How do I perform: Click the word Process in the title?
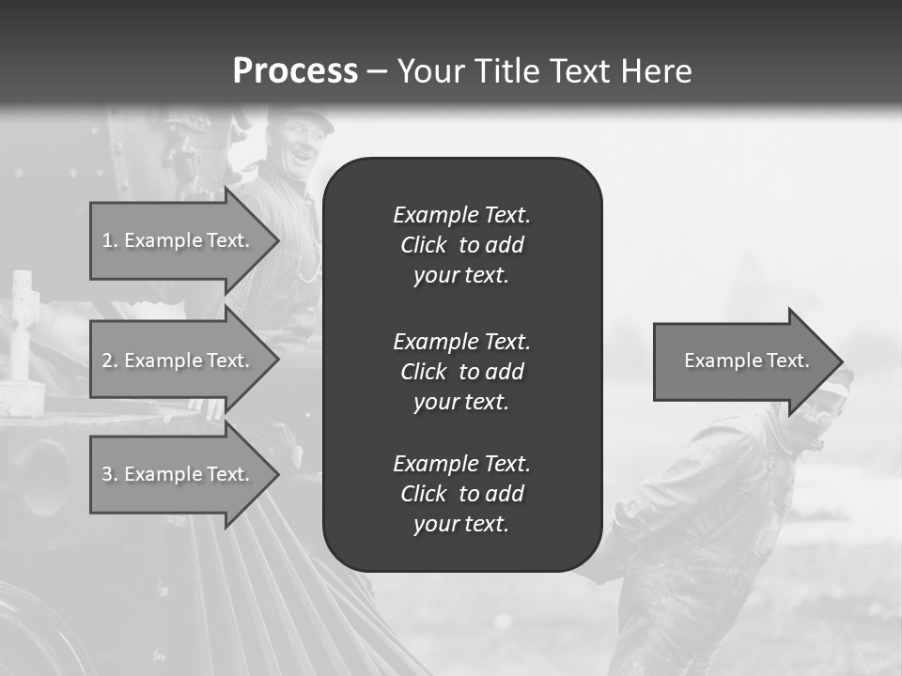coord(295,71)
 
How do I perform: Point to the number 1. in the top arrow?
coord(109,240)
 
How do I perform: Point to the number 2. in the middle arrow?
coord(109,361)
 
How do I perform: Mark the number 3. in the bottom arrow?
coord(109,474)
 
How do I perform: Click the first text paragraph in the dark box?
coord(461,245)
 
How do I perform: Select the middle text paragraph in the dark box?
coord(461,372)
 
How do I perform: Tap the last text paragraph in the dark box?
coord(461,494)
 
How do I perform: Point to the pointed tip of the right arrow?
coord(840,361)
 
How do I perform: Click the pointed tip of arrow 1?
coord(277,240)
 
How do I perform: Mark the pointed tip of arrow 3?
coord(277,474)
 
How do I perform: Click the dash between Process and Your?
coord(377,71)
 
